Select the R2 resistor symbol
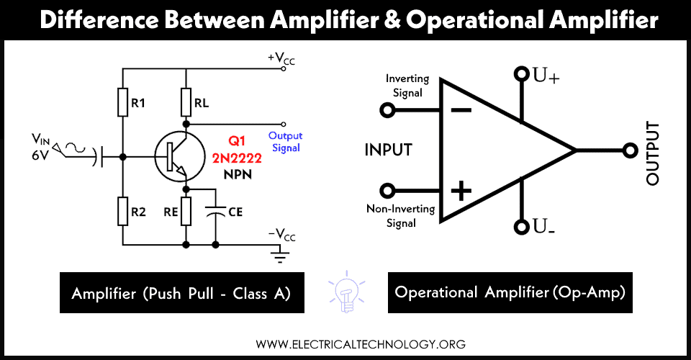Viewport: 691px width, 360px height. [x=122, y=210]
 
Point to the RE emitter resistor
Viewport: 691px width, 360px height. [x=186, y=210]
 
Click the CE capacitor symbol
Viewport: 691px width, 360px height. [x=215, y=210]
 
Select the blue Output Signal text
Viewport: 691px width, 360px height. [x=284, y=142]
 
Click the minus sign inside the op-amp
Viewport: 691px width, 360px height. [x=461, y=111]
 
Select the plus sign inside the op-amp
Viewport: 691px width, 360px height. [x=461, y=192]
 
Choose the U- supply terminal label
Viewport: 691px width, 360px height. [x=543, y=227]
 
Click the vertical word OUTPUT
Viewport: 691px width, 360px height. [x=653, y=153]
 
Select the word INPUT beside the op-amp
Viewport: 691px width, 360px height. [x=389, y=150]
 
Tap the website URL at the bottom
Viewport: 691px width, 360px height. [x=345, y=343]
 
